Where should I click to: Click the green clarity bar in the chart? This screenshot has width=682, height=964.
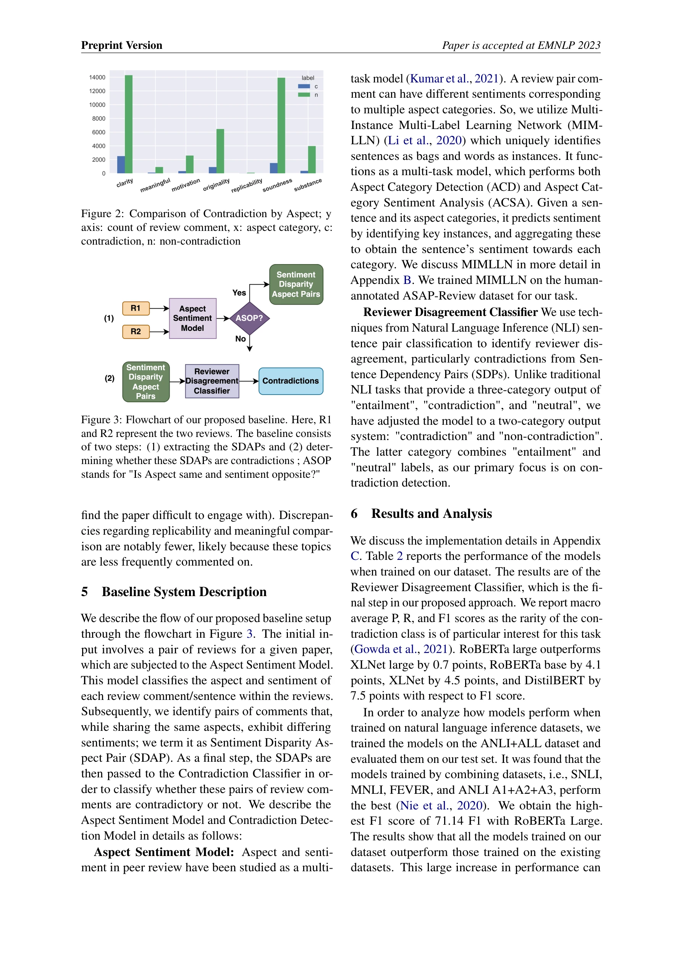click(129, 124)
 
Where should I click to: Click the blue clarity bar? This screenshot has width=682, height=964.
click(121, 164)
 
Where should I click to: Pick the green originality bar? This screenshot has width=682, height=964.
click(220, 151)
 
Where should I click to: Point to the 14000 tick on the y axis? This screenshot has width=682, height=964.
click(97, 77)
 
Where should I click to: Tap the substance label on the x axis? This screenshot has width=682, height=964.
click(308, 185)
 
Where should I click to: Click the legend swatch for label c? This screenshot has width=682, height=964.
click(304, 87)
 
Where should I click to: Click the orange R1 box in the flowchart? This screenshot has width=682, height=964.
click(136, 308)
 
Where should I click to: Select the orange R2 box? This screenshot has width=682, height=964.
click(136, 331)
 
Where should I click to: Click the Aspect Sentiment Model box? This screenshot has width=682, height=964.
click(192, 318)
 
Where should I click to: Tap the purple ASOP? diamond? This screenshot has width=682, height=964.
click(249, 318)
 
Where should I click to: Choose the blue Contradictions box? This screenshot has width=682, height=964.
click(291, 381)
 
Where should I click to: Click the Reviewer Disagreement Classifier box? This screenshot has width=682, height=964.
click(212, 381)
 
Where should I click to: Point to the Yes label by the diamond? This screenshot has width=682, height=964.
click(239, 293)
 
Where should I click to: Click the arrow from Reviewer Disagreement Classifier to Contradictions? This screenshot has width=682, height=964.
click(249, 381)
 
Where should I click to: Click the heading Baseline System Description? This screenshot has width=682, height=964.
click(184, 592)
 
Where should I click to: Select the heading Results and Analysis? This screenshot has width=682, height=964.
click(431, 514)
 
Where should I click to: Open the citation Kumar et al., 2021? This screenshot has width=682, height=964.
click(454, 79)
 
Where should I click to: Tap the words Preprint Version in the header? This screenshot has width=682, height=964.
click(121, 45)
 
